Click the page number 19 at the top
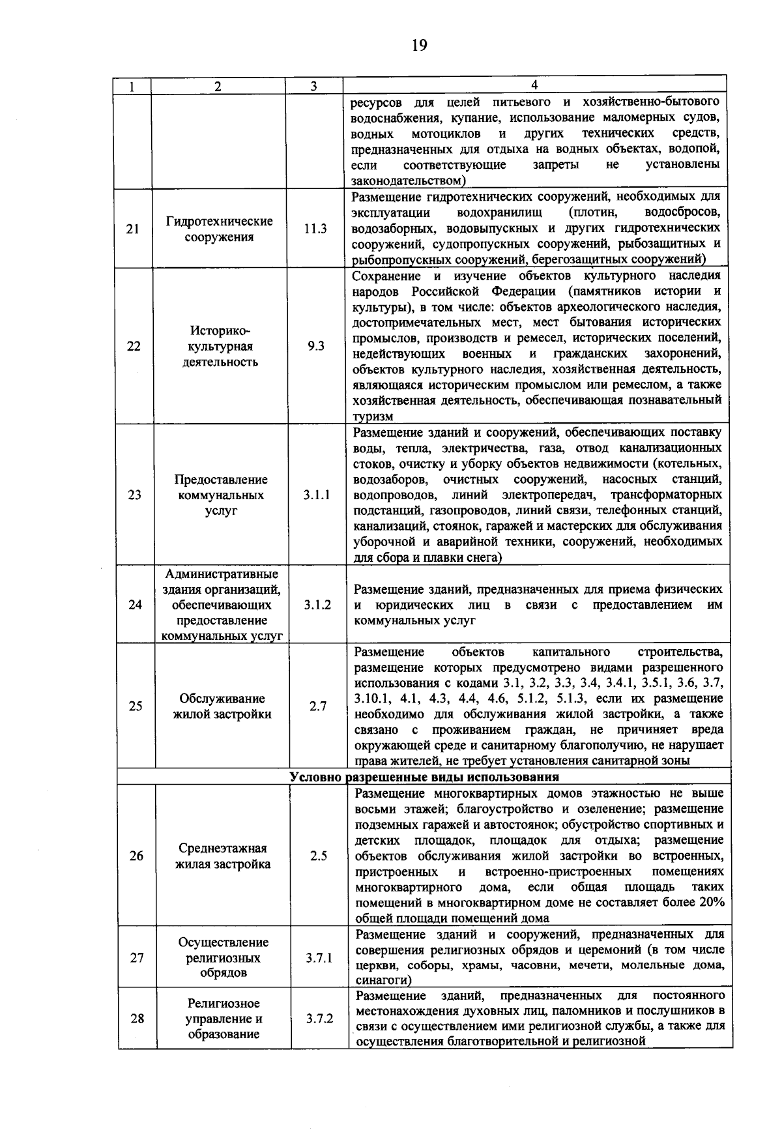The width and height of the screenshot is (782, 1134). pos(418,45)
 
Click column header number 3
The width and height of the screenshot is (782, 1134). pos(313,86)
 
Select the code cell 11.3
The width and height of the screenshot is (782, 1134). pos(315,229)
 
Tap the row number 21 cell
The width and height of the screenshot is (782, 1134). pos(133,229)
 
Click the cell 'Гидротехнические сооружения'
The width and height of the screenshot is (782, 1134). pos(219,229)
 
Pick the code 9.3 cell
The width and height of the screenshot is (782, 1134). pos(316,346)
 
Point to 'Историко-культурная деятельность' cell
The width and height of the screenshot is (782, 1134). pos(220,346)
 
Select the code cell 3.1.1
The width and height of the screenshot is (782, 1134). pos(317,495)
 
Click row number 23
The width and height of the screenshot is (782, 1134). pos(134,495)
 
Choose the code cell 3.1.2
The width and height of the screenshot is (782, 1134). pos(317,605)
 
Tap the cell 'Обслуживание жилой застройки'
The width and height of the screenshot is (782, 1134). pos(222,706)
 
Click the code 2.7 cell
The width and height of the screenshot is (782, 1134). pos(318,706)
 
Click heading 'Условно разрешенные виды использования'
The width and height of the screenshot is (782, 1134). pos(424,778)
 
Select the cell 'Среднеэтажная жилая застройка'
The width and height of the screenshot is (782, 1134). pos(223,856)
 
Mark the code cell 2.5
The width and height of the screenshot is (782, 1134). pos(319,856)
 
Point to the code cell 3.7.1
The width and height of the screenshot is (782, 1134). pos(319,958)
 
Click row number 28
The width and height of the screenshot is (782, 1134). pos(137,1019)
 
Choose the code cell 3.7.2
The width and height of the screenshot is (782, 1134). pos(320,1019)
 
